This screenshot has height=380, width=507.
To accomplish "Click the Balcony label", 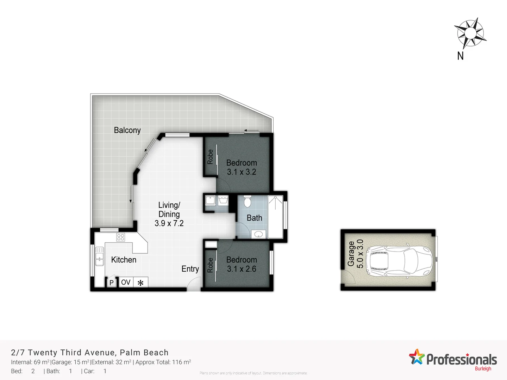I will [x=127, y=130].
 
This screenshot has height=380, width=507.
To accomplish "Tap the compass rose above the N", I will [x=470, y=33].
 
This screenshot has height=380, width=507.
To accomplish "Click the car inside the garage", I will [x=399, y=260].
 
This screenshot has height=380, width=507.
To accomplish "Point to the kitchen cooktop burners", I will [x=120, y=237].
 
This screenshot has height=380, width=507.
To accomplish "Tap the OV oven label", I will [x=126, y=282].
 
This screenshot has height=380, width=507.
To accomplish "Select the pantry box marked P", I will [x=111, y=283].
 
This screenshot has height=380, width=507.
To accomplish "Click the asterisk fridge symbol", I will [x=140, y=283].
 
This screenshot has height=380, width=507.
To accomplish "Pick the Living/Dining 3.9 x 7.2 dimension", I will [x=169, y=223].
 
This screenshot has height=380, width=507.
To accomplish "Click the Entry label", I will [x=190, y=269].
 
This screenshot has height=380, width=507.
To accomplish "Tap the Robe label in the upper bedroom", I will [x=210, y=157].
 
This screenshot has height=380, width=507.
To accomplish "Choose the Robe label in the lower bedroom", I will [x=210, y=265].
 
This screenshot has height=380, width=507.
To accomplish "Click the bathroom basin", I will [x=259, y=234].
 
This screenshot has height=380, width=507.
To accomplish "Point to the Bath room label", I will [x=254, y=218].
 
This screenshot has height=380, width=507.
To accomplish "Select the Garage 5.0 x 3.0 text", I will [x=355, y=254].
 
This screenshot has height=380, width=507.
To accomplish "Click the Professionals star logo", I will [x=417, y=357].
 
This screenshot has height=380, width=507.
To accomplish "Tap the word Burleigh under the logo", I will [x=483, y=369].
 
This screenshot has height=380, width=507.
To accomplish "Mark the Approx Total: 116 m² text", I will [x=163, y=362].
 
